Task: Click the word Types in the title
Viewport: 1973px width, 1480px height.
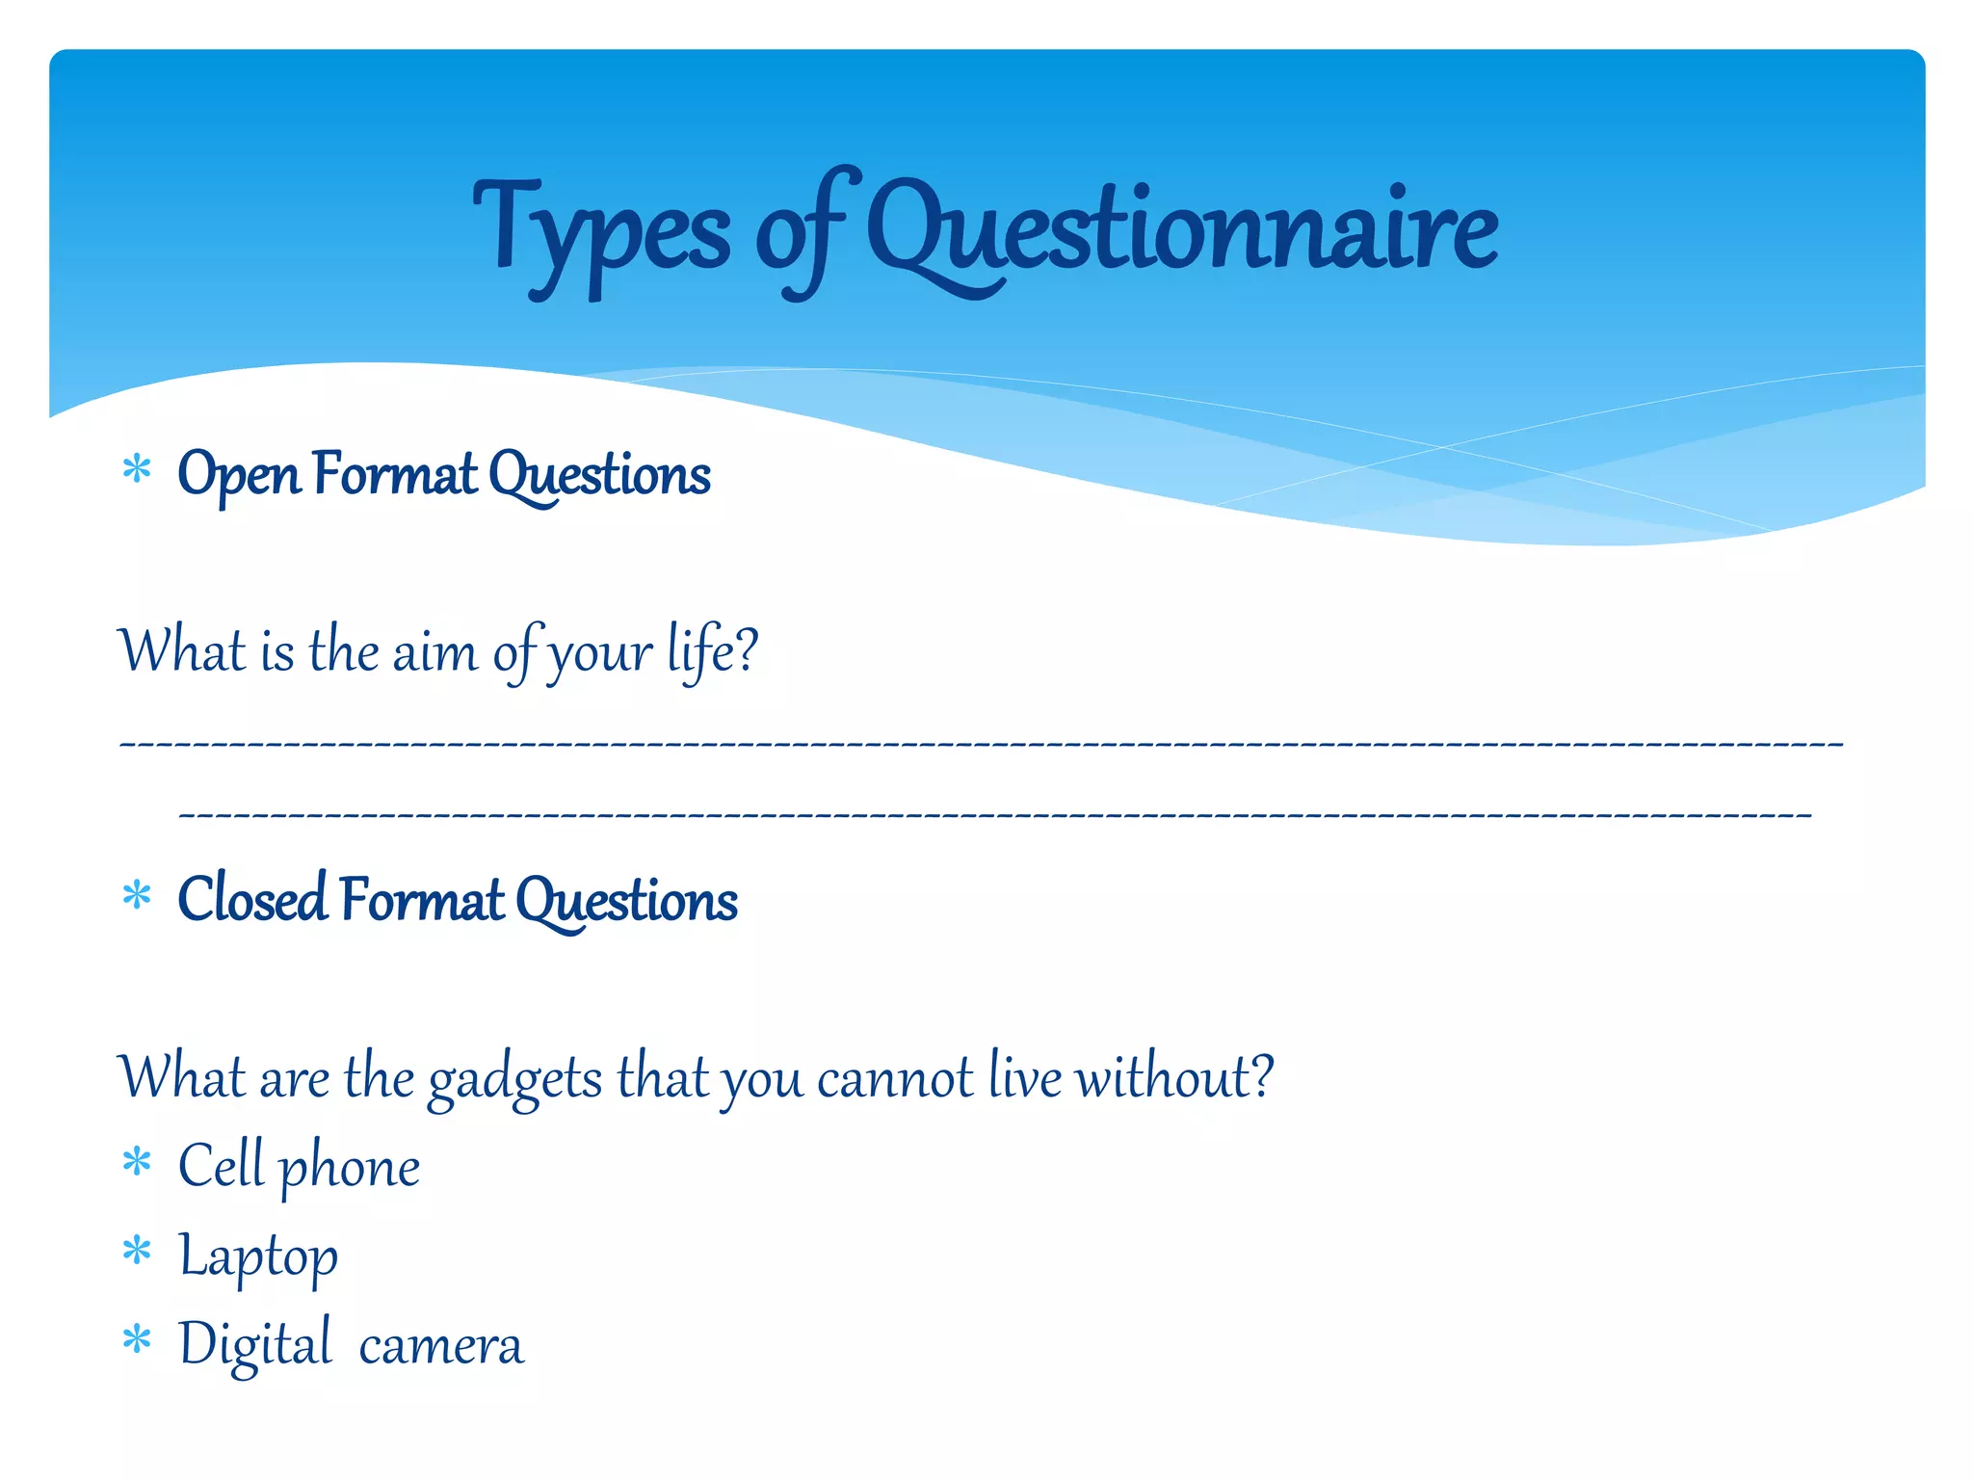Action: point(601,231)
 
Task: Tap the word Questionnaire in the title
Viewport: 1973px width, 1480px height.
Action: point(1182,231)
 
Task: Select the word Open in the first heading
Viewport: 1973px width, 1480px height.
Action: point(239,475)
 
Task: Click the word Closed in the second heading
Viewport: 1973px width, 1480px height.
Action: point(252,900)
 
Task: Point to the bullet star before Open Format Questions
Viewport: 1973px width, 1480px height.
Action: point(137,470)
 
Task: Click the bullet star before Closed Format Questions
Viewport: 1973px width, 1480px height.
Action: point(137,895)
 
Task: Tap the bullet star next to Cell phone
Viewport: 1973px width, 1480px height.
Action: point(137,1161)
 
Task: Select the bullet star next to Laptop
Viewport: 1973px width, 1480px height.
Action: point(137,1251)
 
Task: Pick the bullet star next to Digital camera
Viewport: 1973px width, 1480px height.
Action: point(137,1339)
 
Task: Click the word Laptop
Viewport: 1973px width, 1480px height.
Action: point(258,1256)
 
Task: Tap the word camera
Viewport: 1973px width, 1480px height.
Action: point(441,1345)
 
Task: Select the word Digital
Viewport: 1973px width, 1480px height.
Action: point(255,1345)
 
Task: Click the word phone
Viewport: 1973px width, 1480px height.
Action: point(350,1168)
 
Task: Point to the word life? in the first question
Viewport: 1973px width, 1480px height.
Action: point(712,651)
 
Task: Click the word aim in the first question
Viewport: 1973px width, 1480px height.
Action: point(434,651)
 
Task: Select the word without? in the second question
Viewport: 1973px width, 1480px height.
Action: point(1174,1076)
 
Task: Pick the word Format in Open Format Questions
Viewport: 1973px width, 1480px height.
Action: point(395,475)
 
